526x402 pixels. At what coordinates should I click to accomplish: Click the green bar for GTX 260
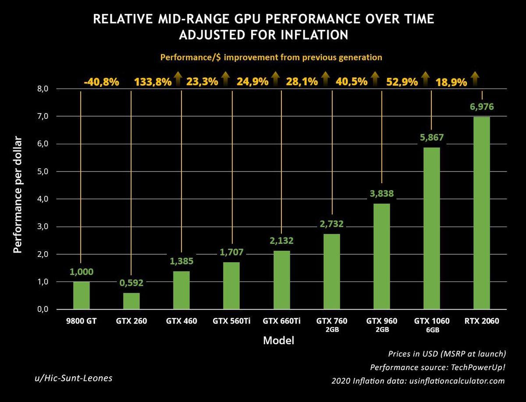131,301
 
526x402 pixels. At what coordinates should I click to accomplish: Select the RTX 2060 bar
482,213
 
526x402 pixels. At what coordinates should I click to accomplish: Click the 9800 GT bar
81,295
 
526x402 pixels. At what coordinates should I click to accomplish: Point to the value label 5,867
432,137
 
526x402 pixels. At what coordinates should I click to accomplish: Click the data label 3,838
382,193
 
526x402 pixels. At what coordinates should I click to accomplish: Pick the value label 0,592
131,283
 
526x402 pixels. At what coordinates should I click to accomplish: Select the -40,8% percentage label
101,82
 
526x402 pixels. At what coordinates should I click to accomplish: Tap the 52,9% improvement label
402,82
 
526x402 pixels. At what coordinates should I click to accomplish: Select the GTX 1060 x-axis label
432,321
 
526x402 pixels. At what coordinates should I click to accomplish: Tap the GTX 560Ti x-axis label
231,321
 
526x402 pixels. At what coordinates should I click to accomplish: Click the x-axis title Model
278,341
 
